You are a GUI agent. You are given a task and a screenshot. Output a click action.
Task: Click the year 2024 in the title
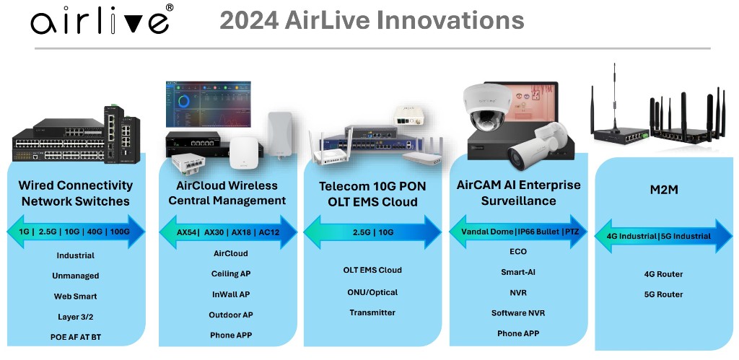pos(248,20)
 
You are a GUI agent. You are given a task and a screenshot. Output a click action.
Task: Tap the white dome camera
pos(487,107)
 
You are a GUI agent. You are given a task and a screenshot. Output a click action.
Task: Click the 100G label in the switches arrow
pos(119,232)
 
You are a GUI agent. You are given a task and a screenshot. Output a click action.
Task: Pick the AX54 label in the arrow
pos(187,232)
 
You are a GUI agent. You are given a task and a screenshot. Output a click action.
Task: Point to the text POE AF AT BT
pos(75,337)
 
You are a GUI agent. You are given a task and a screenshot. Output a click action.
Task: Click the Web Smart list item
pos(75,297)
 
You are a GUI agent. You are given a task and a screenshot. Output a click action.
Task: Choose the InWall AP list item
pos(231,294)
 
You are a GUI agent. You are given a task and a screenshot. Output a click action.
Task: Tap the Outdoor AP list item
pos(231,315)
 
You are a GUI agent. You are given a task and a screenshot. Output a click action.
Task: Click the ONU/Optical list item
pos(372,292)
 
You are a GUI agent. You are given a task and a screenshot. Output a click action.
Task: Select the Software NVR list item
pos(518,313)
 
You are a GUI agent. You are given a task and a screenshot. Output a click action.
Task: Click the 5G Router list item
pos(664,294)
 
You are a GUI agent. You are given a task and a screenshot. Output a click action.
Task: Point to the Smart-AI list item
pos(518,272)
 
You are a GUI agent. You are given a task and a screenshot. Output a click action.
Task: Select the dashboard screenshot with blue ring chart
pos(208,104)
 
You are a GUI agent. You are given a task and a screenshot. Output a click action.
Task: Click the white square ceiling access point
pos(245,153)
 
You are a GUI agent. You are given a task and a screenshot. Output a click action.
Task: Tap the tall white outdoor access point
pos(281,135)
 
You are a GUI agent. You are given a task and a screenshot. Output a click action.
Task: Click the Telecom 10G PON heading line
pos(372,186)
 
